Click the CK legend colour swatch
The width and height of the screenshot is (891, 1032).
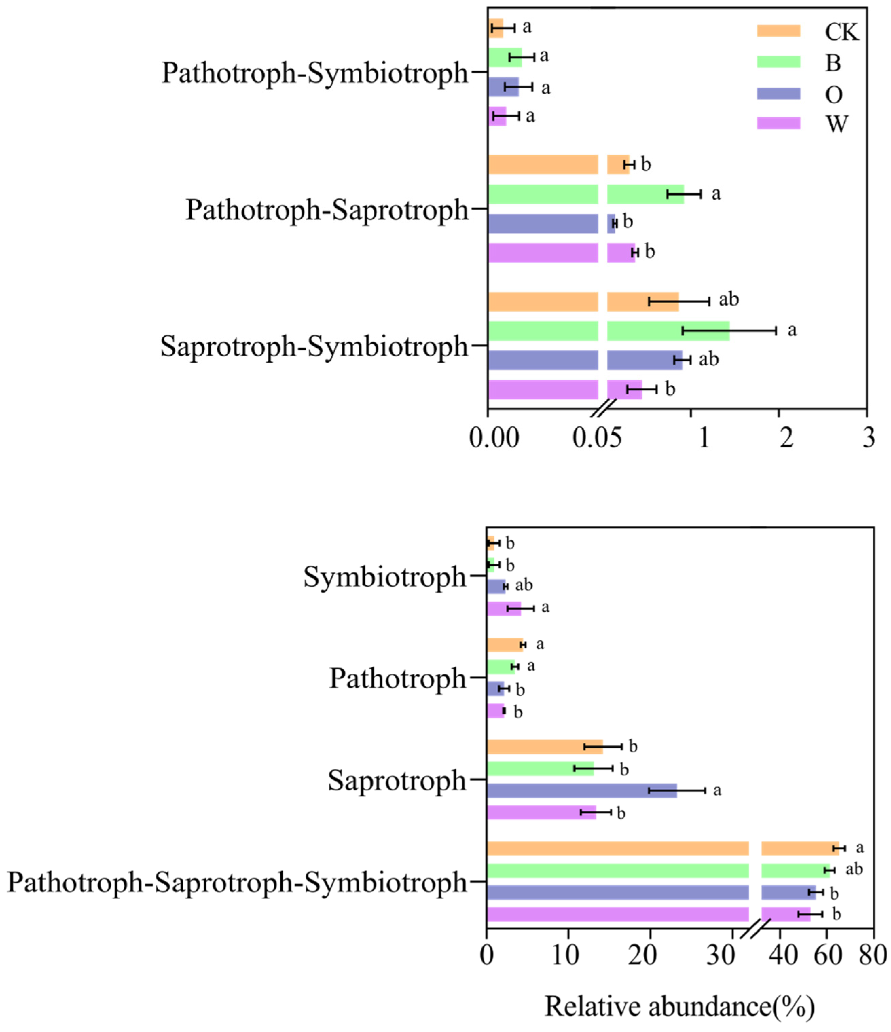coord(778,31)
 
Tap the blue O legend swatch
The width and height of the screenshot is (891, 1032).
coord(778,94)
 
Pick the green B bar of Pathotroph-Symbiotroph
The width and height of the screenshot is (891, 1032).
coord(504,57)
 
